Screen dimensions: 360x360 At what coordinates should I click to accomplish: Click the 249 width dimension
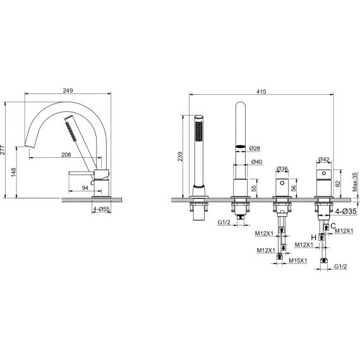(68, 91)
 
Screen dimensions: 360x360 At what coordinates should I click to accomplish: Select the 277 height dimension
(3, 150)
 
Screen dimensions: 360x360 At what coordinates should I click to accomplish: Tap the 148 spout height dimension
(13, 172)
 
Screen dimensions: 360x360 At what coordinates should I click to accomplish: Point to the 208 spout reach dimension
(66, 155)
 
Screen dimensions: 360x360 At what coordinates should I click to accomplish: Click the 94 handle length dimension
(85, 188)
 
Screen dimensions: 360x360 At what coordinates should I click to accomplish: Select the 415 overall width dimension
(261, 92)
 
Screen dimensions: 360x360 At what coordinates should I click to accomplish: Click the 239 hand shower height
(180, 157)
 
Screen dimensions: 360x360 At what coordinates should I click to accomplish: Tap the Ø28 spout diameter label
(255, 148)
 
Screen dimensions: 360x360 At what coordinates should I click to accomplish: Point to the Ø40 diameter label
(256, 162)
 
